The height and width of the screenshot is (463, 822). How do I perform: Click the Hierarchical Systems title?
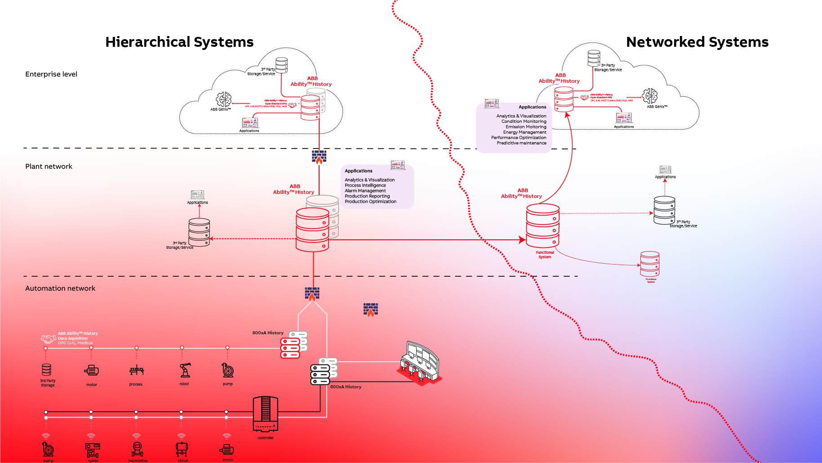[179, 42]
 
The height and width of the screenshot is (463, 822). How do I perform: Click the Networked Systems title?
[697, 42]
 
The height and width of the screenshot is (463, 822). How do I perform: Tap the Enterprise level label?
[51, 74]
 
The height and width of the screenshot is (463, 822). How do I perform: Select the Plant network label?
[49, 166]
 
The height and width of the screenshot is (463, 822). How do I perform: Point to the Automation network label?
[60, 288]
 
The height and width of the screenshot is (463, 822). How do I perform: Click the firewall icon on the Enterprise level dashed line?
[319, 157]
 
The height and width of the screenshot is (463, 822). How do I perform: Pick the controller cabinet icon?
[266, 414]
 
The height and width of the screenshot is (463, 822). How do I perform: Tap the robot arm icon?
[185, 370]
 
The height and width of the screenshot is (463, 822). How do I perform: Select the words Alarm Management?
[365, 191]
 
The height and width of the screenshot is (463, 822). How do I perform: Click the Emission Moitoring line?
[526, 127]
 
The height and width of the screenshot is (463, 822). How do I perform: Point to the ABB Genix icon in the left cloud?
[223, 99]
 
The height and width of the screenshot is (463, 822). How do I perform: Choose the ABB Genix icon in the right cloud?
[649, 95]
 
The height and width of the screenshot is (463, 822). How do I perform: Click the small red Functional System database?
[650, 264]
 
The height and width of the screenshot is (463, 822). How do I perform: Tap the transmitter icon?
[138, 449]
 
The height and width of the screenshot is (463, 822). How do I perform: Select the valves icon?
[93, 449]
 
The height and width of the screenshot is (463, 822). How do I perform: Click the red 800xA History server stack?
[290, 348]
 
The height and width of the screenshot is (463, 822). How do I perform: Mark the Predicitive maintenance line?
[521, 143]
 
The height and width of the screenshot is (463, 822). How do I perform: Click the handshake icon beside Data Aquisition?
[49, 338]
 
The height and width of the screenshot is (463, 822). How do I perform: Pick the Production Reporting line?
[367, 196]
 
